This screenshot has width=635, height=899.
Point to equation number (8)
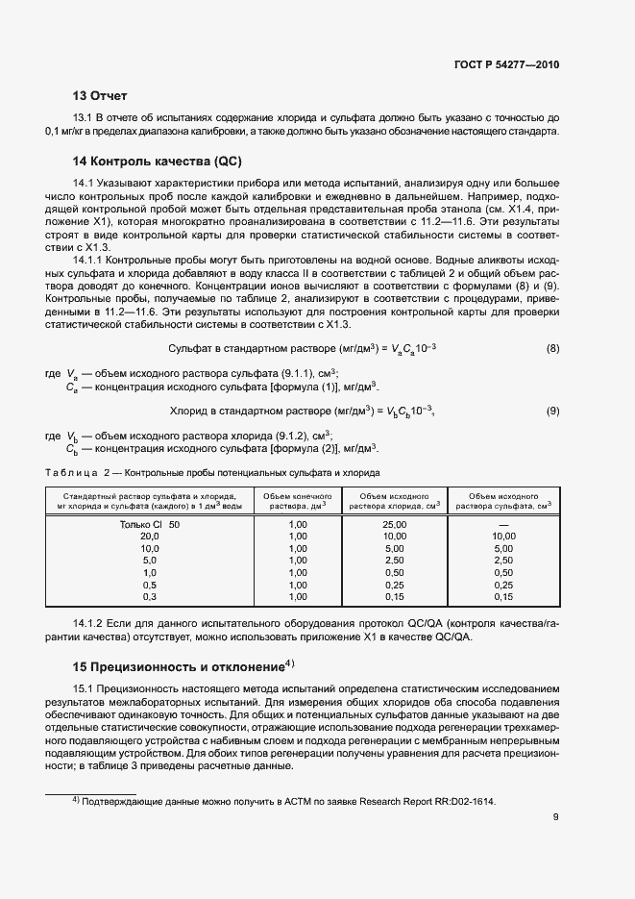click(x=552, y=347)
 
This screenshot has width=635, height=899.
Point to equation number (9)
click(x=552, y=412)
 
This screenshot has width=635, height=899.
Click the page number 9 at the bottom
click(x=555, y=818)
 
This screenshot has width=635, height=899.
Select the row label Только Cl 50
click(x=149, y=524)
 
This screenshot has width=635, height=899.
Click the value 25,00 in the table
click(x=394, y=524)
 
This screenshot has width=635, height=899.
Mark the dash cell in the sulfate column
click(x=503, y=524)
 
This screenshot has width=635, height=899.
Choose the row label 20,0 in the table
click(x=149, y=536)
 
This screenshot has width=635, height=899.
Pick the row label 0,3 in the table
click(x=149, y=596)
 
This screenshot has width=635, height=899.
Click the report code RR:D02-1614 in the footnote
click(x=460, y=801)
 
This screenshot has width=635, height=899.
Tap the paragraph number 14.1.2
click(x=90, y=624)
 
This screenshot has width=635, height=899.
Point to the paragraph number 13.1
click(x=85, y=117)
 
